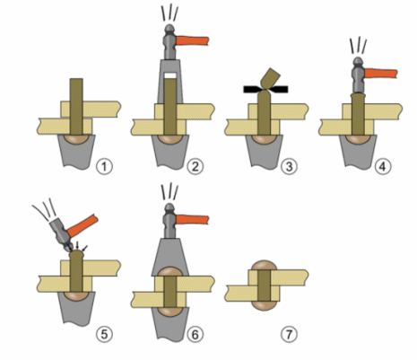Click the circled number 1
(104, 167)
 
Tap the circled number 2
(195, 167)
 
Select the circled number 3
(289, 167)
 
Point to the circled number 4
(383, 167)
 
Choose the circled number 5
(104, 334)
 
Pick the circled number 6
(195, 334)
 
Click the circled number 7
(289, 334)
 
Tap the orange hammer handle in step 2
(193, 40)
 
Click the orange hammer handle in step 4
(381, 74)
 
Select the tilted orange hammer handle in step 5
(83, 226)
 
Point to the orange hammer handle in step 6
(193, 220)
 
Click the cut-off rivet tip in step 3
(271, 78)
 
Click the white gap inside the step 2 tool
(170, 75)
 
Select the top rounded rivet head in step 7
(265, 266)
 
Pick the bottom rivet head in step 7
(265, 306)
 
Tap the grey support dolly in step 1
(76, 152)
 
